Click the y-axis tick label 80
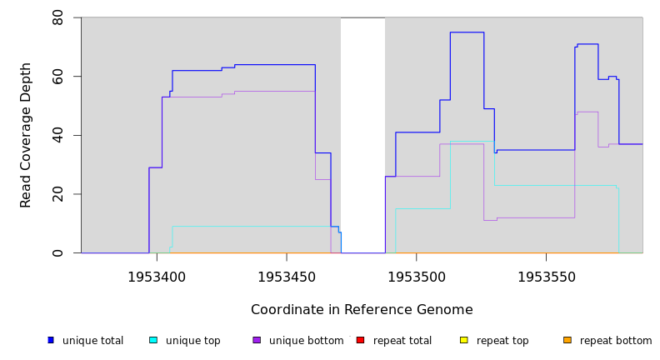pos(57,17)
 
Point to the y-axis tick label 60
pos(57,77)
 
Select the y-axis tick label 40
pos(57,135)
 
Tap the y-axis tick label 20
pos(57,194)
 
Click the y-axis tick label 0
pos(57,252)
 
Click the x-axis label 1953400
pos(157,277)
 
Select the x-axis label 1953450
pos(287,277)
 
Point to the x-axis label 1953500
pos(416,277)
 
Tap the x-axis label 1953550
pos(546,277)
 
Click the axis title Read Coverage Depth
pos(26,135)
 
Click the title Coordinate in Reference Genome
pos(362,310)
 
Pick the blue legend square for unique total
pos(51,340)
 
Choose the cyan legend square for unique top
pos(153,340)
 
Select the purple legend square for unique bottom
pos(257,340)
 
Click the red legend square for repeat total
pos(360,340)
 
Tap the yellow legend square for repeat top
pos(463,340)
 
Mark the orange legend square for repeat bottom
pos(567,340)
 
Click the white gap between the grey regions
pos(362,133)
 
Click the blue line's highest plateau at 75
pos(467,32)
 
